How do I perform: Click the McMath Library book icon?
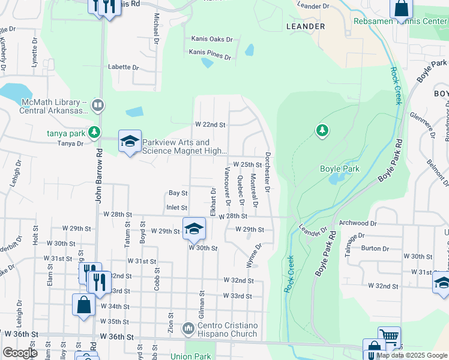pos(97,106)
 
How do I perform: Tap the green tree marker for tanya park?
pos(94,131)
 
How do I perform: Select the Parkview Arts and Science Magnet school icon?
pos(130,142)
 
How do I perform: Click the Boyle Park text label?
pos(339,169)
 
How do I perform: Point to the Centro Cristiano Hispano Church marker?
pos(188,328)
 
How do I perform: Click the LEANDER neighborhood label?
pos(306,26)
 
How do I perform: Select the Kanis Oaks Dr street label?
pos(211,39)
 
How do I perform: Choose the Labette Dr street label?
pos(123,67)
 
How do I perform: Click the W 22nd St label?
pos(210,125)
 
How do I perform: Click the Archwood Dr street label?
pos(357,223)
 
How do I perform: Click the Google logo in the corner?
pos(20,353)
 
